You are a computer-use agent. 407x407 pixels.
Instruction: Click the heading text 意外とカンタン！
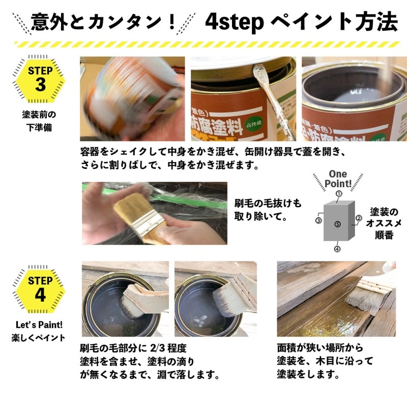tap(103, 22)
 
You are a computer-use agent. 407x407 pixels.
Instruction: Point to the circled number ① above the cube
tap(338, 194)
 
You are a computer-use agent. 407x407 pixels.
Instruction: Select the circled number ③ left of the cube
tap(318, 220)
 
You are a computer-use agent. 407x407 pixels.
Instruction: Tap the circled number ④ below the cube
tap(337, 249)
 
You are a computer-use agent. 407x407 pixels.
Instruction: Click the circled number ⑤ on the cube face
tap(338, 224)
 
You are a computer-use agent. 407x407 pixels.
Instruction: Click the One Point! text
tap(338, 179)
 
